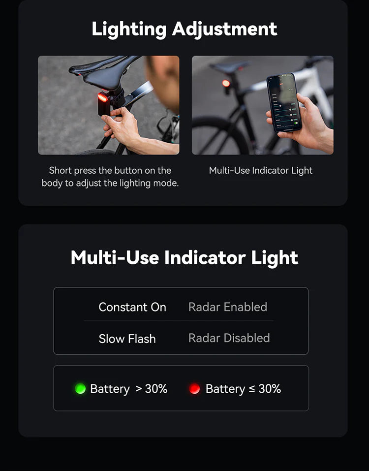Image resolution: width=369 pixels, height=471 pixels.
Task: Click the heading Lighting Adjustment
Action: coord(184,29)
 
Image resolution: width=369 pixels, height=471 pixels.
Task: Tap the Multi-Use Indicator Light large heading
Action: coord(184,258)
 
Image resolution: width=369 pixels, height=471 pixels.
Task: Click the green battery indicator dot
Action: coord(80,389)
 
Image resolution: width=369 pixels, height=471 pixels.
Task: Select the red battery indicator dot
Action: coord(194,389)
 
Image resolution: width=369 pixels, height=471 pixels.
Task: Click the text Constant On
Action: coord(132,307)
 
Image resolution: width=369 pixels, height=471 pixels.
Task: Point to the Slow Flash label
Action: coord(127,339)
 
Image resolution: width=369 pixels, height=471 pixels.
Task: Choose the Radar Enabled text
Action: coord(228,307)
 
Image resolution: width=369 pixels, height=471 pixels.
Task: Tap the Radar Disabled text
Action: coord(229,338)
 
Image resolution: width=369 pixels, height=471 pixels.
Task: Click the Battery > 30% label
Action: coord(129,389)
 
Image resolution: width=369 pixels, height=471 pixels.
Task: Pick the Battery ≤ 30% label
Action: coord(243,389)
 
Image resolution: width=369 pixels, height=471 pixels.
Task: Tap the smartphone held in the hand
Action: coord(284,102)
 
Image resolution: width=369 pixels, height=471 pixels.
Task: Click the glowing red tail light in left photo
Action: coord(103,97)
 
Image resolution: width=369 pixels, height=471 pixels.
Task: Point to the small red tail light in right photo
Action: coord(226,83)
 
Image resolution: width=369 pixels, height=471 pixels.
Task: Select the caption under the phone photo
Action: coord(261,171)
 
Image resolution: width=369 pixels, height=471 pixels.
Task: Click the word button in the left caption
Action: coord(127,171)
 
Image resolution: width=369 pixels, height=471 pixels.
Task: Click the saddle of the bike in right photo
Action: coord(229,66)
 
